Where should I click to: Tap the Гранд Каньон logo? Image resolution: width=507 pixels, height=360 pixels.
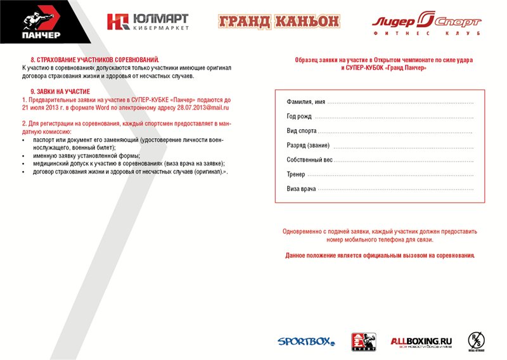pyautogui.click(x=279, y=22)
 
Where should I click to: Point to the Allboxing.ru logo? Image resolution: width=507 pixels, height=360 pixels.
pyautogui.click(x=421, y=342)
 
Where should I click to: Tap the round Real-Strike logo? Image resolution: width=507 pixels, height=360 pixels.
pyautogui.click(x=477, y=340)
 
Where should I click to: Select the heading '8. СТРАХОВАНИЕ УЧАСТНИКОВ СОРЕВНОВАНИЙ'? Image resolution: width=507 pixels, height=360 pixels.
pyautogui.click(x=95, y=59)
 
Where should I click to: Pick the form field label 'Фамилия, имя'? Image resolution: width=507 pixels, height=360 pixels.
pyautogui.click(x=305, y=102)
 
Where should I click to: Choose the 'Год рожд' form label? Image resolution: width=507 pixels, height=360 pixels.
pyautogui.click(x=299, y=117)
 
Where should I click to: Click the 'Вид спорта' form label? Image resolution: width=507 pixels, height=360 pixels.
pyautogui.click(x=301, y=131)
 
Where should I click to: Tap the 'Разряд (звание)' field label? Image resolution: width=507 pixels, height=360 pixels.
pyautogui.click(x=308, y=146)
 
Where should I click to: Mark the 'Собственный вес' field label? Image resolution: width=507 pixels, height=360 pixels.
pyautogui.click(x=309, y=160)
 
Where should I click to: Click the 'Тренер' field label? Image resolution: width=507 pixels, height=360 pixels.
pyautogui.click(x=295, y=174)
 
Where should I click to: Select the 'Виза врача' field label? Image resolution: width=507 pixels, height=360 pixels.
pyautogui.click(x=301, y=189)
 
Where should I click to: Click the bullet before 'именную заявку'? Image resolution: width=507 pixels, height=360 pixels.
pyautogui.click(x=24, y=155)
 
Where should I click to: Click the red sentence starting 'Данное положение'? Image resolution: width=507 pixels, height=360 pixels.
pyautogui.click(x=380, y=255)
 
